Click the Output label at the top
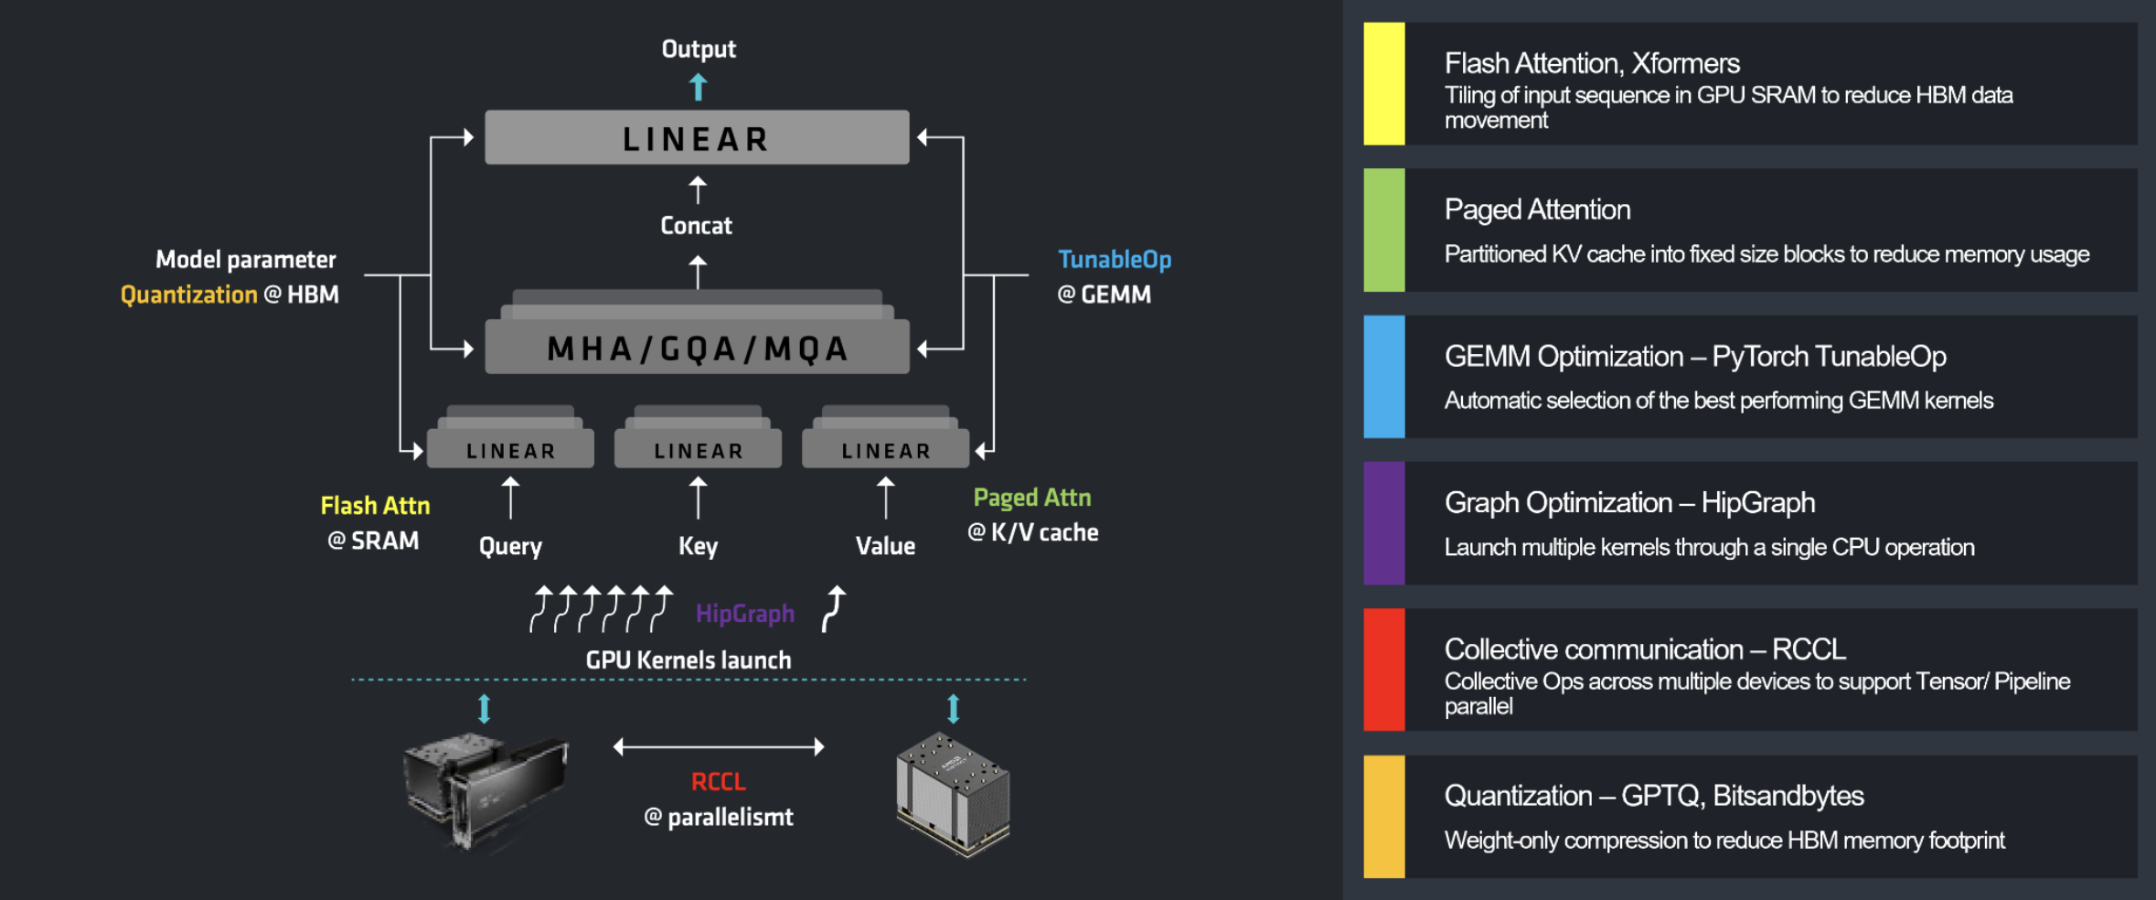[699, 49]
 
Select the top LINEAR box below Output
[697, 138]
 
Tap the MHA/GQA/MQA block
[697, 348]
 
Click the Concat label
[697, 226]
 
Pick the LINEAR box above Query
[510, 450]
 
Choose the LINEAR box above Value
[885, 450]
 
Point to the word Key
[698, 546]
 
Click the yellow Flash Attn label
[375, 506]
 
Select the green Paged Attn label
[1032, 498]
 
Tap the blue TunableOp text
[1115, 260]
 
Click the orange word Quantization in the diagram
[189, 295]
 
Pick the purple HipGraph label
[745, 613]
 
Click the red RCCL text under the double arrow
[719, 782]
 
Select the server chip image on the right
[953, 792]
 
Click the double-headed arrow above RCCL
[719, 747]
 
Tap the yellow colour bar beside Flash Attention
[1384, 83]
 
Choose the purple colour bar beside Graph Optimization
[1384, 523]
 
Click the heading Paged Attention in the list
[1537, 209]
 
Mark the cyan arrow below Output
[699, 88]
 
